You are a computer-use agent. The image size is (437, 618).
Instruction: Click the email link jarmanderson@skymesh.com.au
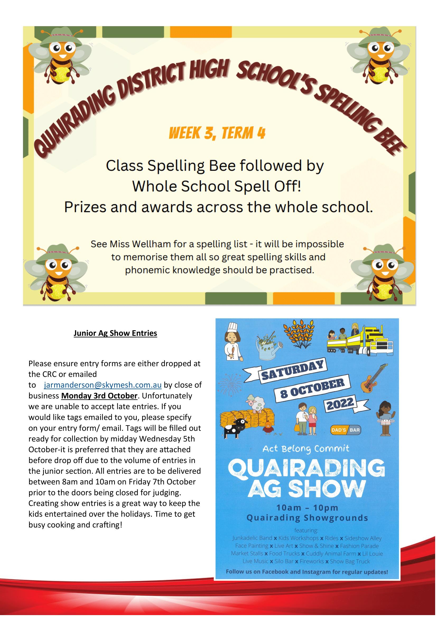(x=103, y=385)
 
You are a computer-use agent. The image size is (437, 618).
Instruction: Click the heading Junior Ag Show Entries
(x=115, y=333)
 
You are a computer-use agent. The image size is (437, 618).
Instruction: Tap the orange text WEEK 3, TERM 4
(x=217, y=133)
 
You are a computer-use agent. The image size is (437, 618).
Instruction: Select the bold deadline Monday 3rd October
(x=99, y=396)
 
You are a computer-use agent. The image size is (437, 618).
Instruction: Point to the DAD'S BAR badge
(x=346, y=430)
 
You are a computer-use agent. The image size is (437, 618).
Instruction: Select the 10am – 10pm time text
(x=307, y=508)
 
